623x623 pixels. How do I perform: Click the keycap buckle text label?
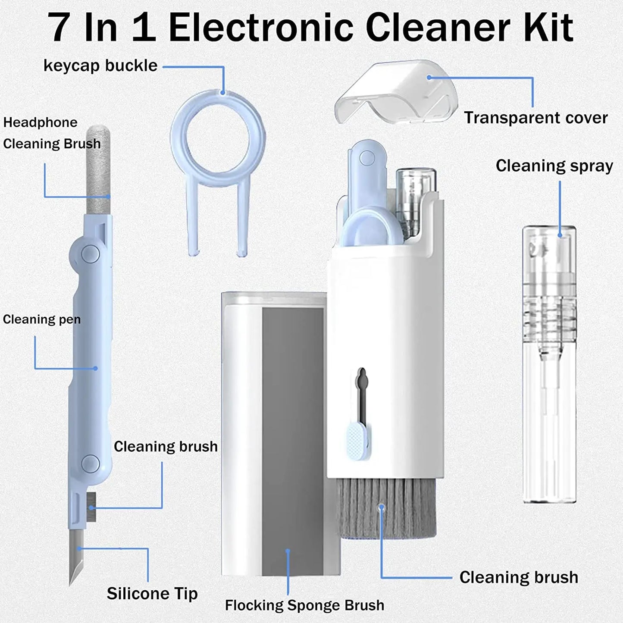[100, 66]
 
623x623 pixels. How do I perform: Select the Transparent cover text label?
[535, 118]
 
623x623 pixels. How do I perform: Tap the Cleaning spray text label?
[554, 166]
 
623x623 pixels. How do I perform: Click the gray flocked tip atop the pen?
[98, 168]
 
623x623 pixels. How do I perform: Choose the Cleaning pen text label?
[41, 319]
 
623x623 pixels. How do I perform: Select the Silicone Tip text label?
[152, 594]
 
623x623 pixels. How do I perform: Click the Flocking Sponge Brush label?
[304, 605]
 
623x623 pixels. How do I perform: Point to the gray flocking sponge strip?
[293, 440]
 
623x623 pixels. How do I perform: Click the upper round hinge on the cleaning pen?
[90, 254]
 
